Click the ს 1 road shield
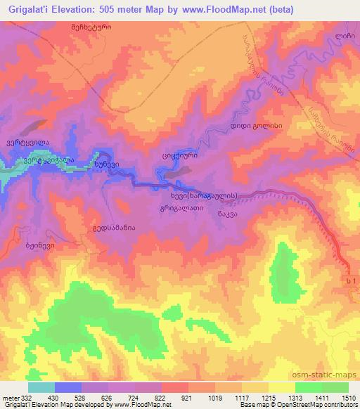point(345,281)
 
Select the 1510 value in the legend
point(347,398)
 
